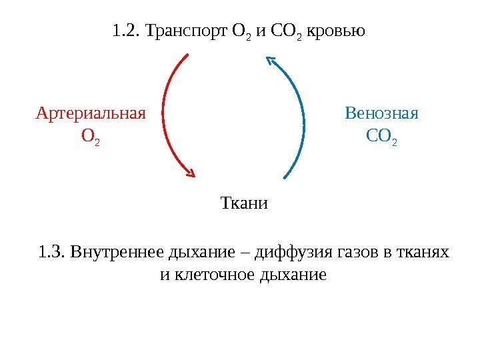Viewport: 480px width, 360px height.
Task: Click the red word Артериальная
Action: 90,113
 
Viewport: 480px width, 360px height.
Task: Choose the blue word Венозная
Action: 381,113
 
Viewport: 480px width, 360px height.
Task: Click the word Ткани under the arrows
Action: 243,203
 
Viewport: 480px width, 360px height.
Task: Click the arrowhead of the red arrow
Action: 190,173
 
